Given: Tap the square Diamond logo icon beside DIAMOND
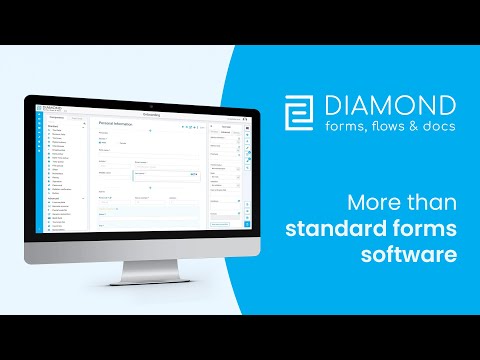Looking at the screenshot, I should click(299, 114).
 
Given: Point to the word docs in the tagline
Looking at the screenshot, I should click(438, 127).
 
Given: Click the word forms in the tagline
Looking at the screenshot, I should click(343, 127).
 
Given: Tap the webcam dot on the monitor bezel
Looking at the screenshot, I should click(150, 105).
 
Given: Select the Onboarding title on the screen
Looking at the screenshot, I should click(151, 115).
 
